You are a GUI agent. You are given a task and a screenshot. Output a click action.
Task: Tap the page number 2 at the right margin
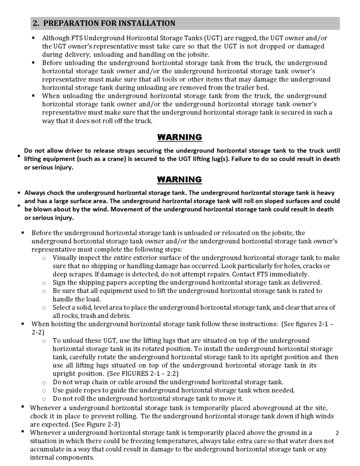point(337,432)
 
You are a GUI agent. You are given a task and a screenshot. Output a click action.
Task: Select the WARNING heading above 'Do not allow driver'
point(179,137)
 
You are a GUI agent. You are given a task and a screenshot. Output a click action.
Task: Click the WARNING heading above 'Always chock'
point(179,179)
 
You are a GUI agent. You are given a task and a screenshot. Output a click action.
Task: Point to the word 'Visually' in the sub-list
point(66,258)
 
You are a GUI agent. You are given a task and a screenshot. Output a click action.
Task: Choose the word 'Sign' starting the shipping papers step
point(60,283)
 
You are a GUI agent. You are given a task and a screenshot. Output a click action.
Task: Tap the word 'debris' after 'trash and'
point(119,316)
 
